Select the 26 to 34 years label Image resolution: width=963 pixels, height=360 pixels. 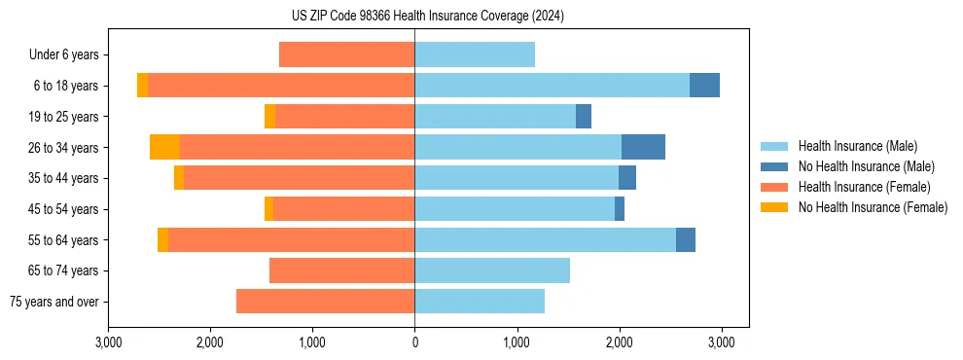(64, 148)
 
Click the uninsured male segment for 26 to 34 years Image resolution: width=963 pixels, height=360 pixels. (643, 147)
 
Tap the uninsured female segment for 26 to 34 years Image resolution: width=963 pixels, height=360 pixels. (164, 147)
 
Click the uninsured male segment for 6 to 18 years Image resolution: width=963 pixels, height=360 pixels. (704, 86)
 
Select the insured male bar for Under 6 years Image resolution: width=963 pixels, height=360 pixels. (475, 54)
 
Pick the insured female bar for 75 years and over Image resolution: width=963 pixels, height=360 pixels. (325, 302)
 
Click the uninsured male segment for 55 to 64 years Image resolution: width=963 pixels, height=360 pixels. (686, 239)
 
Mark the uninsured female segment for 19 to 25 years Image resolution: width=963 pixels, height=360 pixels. (269, 117)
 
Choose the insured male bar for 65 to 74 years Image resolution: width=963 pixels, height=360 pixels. (492, 270)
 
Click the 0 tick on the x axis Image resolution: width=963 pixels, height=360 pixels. (414, 342)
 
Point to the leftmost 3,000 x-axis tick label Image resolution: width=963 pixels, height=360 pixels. (108, 342)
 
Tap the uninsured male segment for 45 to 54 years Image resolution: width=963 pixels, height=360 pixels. (620, 209)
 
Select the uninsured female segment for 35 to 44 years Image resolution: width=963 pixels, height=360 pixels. (179, 178)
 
